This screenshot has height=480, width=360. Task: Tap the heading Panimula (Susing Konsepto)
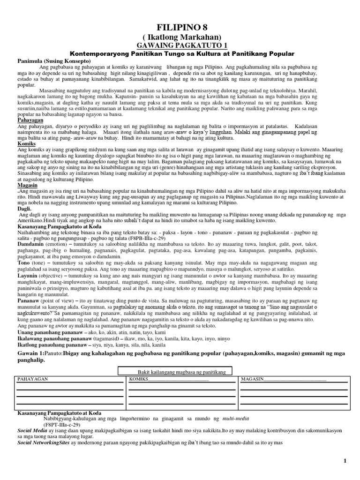[47, 61]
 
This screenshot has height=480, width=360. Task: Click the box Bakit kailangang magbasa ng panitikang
[181, 372]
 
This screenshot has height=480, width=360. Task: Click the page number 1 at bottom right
[345, 461]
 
